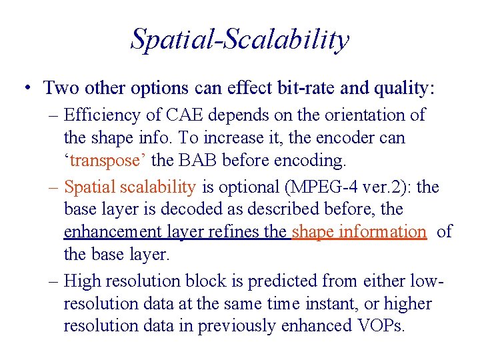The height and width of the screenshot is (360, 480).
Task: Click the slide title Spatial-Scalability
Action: pos(239,39)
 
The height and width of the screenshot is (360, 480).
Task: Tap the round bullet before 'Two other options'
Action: pos(25,88)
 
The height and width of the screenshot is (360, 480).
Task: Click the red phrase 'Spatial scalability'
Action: pos(129,187)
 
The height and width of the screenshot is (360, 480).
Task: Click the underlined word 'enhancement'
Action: pos(111,232)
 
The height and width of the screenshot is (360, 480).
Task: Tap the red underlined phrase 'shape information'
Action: pos(359,231)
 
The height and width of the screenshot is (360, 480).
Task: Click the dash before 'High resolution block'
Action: pos(54,281)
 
